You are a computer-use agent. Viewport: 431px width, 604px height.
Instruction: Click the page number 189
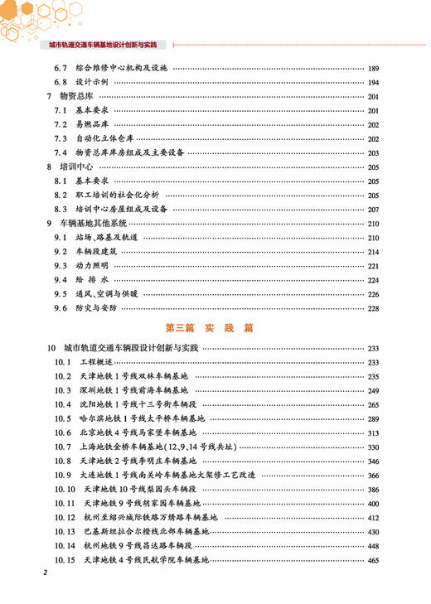[x=373, y=68]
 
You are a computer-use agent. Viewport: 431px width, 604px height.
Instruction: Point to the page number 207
[x=373, y=210]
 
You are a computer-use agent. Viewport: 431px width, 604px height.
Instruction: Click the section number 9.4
[x=60, y=280]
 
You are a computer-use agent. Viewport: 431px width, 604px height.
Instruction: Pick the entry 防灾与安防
[x=97, y=308]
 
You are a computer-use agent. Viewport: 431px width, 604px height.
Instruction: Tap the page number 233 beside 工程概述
[x=373, y=363]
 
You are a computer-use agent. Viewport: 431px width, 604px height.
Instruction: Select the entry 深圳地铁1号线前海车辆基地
[x=133, y=390]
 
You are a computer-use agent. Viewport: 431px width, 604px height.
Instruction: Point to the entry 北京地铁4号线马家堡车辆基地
[x=137, y=432]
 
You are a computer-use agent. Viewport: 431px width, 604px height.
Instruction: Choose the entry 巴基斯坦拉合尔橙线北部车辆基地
[x=153, y=532]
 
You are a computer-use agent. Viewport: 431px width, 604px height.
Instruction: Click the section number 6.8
[x=60, y=83]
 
